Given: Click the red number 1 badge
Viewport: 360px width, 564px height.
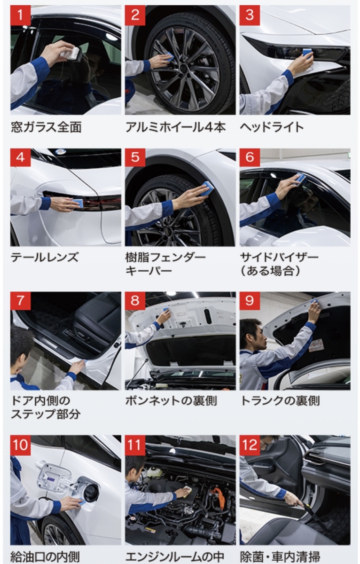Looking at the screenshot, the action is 20,16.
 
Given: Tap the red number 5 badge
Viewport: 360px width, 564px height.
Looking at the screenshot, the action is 135,157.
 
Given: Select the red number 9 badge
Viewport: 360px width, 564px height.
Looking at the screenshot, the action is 250,301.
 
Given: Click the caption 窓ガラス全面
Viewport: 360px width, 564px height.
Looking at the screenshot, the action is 47,127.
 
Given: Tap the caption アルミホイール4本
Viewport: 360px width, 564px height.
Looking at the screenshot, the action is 175,127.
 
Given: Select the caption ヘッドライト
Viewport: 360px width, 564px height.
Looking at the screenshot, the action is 272,127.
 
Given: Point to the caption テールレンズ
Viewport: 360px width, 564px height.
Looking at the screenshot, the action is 45,258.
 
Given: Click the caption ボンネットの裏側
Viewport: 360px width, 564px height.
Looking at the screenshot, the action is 171,400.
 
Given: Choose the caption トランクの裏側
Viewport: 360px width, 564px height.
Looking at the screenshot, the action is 280,400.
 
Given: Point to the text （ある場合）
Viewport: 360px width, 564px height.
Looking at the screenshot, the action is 270,271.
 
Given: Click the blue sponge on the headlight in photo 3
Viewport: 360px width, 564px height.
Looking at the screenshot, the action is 307,52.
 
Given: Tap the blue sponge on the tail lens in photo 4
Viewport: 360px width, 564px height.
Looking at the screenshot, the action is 78,202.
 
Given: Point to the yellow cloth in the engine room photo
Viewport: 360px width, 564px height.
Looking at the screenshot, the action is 188,494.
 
